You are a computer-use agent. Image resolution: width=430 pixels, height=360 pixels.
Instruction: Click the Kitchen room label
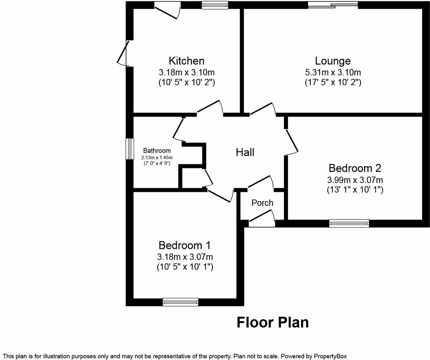187,61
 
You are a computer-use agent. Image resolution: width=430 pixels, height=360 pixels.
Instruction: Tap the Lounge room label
333,61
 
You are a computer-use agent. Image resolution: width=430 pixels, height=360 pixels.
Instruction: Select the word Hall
245,152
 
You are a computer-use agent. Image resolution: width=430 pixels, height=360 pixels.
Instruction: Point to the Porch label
262,203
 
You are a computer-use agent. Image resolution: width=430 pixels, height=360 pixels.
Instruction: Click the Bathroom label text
157,150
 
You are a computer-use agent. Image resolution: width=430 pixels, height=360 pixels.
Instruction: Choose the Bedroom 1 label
184,245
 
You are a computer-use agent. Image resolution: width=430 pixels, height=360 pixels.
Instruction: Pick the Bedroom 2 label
355,168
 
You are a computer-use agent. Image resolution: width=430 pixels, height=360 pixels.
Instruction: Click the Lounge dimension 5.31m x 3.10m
333,72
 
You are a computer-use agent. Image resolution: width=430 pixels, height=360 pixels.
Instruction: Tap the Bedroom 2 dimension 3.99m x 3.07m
355,180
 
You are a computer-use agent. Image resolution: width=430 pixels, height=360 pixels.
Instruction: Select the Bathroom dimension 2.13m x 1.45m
157,157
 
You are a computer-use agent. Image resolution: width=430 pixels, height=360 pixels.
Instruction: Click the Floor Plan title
273,322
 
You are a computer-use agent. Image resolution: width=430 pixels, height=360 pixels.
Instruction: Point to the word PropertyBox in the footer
330,356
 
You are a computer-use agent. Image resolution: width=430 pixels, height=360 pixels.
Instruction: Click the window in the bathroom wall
130,149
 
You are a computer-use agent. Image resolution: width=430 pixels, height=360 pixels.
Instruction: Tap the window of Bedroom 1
181,302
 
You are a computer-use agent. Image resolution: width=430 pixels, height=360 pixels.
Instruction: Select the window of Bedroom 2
349,223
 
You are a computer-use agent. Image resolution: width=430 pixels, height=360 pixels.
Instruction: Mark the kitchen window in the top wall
215,5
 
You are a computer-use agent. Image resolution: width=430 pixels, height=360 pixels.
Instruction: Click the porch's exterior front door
262,219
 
